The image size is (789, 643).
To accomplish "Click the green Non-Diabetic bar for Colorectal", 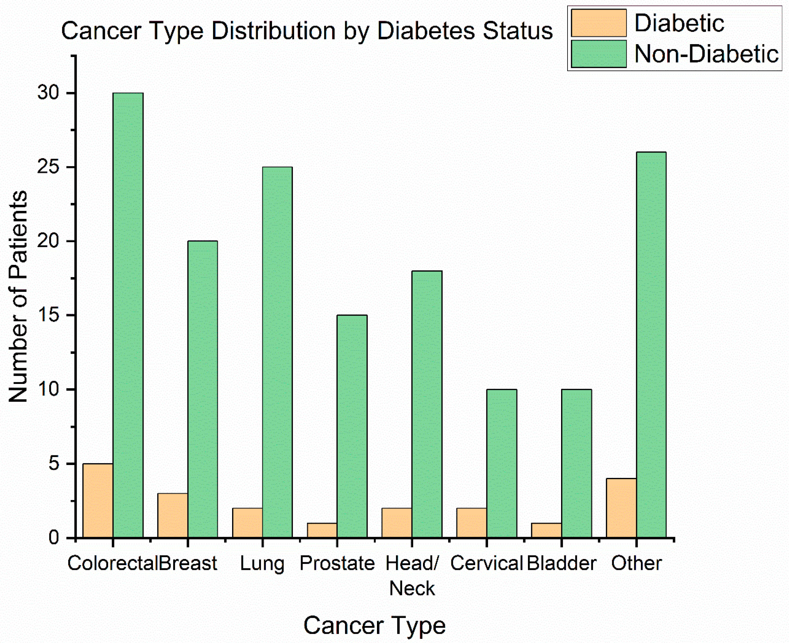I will coord(128,315).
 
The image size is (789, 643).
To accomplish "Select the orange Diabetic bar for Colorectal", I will coord(98,500).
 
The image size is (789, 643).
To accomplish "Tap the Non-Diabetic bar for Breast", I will coord(202,389).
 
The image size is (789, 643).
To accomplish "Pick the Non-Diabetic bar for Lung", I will coord(277,352).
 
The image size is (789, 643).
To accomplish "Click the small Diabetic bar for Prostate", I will coord(322,530).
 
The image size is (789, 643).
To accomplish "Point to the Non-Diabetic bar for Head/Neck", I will coord(427,404).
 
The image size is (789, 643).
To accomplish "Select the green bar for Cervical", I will coord(502,463).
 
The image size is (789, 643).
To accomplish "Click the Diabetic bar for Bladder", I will coord(546,530).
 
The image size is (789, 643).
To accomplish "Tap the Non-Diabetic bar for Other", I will coord(651,344).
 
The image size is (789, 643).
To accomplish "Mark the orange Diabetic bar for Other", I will coord(621,508).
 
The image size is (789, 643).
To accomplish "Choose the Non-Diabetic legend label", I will coord(706,54).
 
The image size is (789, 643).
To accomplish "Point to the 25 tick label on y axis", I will coord(48,167).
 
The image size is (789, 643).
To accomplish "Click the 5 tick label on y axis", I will coord(54,463).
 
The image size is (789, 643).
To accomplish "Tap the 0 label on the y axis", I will coord(54,537).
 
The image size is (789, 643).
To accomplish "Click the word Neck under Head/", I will coord(412,589).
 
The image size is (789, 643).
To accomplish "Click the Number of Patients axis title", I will coord(19,296).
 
